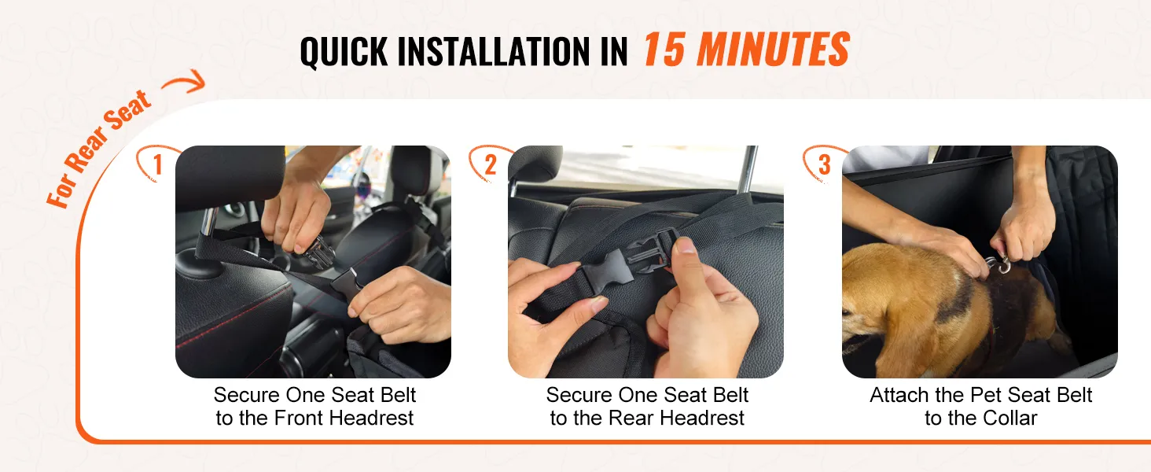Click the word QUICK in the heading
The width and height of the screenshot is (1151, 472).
[x=344, y=51]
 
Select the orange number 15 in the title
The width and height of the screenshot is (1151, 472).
[x=664, y=50]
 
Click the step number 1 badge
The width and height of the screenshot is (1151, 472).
[x=157, y=164]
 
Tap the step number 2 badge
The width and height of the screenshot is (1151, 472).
[x=491, y=164]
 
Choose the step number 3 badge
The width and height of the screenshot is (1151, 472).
[x=824, y=164]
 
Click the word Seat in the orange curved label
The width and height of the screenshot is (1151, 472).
[x=128, y=112]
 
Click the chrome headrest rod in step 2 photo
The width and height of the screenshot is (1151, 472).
[x=748, y=169]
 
